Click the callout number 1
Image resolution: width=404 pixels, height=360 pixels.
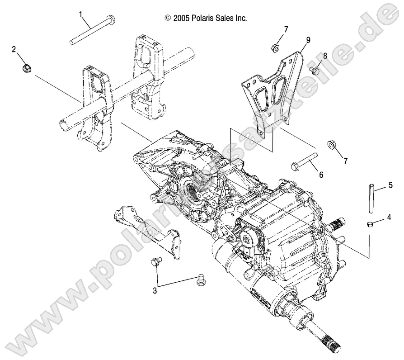coord(81,14)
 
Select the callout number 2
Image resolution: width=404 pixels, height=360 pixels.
coord(14,49)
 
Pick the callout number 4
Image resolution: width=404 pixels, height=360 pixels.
coord(388,219)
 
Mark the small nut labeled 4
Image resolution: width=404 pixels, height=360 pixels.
coord(369,225)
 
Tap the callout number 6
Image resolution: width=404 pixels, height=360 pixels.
coord(322,174)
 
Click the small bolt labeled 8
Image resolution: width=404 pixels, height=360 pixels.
coord(315,70)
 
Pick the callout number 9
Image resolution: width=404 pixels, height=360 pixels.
coord(308,40)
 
